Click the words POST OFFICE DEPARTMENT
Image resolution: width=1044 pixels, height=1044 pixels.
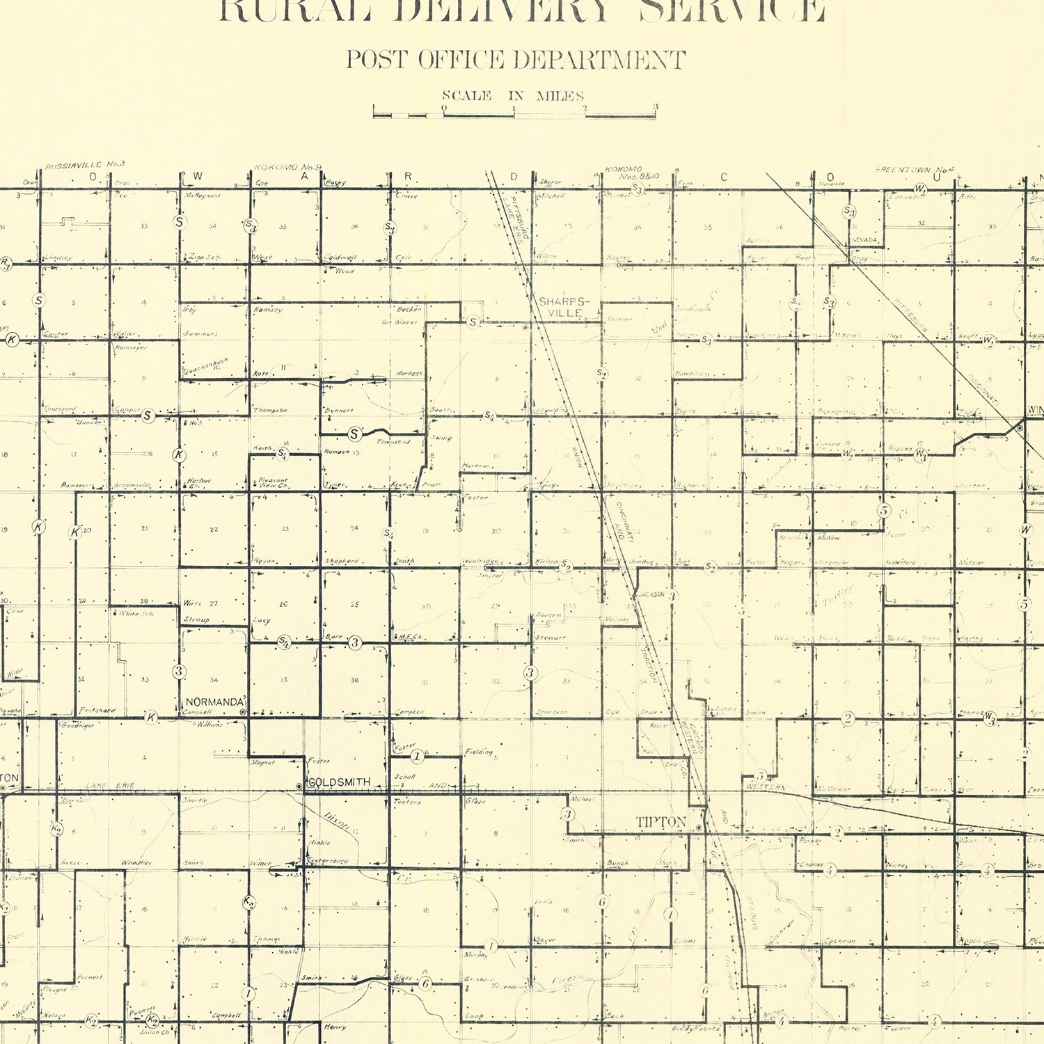pyautogui.click(x=516, y=60)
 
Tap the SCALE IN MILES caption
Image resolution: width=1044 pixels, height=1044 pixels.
pyautogui.click(x=513, y=96)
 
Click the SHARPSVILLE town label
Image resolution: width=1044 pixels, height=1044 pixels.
pyautogui.click(x=564, y=308)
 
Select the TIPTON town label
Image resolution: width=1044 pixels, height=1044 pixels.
pyautogui.click(x=661, y=823)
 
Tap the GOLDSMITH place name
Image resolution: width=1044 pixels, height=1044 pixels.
pyautogui.click(x=339, y=782)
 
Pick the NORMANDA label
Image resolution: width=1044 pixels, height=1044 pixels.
pyautogui.click(x=214, y=702)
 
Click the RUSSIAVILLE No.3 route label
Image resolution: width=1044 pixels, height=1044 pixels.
pyautogui.click(x=85, y=165)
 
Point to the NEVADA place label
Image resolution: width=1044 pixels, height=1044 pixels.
pyautogui.click(x=864, y=240)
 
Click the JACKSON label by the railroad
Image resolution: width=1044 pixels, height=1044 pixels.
pyautogui.click(x=651, y=594)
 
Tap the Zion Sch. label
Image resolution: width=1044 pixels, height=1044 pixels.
pyautogui.click(x=205, y=258)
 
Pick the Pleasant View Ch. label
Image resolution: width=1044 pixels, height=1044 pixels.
pyautogui.click(x=271, y=482)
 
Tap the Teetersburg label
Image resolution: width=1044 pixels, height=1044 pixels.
pyautogui.click(x=327, y=862)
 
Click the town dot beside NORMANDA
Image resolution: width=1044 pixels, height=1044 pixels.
pyautogui.click(x=242, y=713)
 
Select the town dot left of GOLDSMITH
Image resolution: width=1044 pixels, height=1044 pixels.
pyautogui.click(x=299, y=786)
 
